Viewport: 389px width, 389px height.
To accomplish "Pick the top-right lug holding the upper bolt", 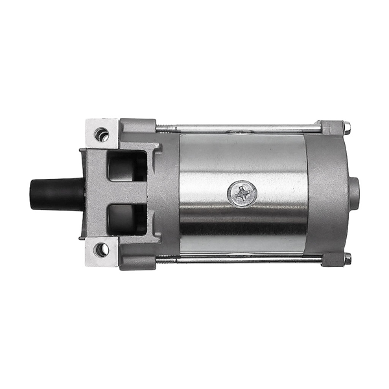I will (332, 127).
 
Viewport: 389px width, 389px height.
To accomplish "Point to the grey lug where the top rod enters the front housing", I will (137, 126).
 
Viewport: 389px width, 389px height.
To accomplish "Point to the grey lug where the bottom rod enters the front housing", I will (137, 260).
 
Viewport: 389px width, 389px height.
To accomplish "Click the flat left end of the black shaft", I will (30, 193).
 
